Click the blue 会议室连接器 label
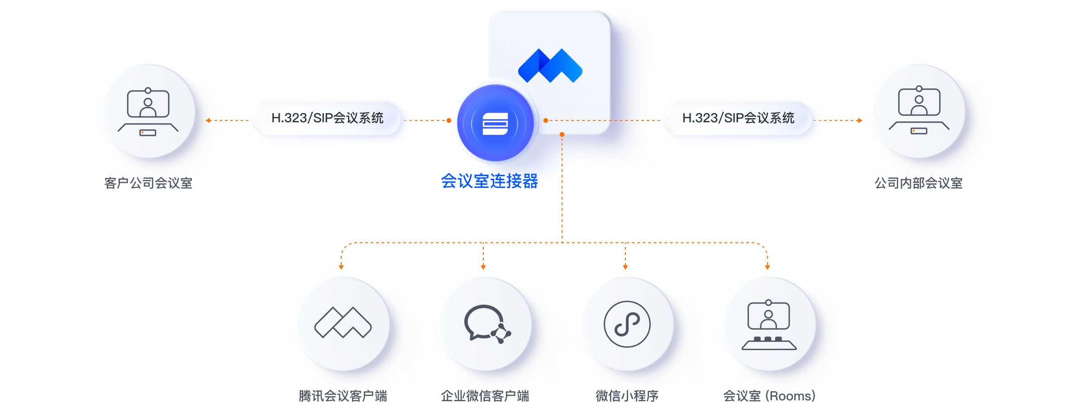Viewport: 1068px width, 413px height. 490,181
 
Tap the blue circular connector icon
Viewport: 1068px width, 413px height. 496,123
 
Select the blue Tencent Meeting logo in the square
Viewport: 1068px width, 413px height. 550,66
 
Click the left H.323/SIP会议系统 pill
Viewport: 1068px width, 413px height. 327,118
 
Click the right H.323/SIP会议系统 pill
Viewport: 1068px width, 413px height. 738,118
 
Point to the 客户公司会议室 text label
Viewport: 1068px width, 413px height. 148,183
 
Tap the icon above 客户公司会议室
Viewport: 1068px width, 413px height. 148,112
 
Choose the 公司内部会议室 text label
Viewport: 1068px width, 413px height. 919,183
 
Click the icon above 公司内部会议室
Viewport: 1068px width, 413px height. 919,110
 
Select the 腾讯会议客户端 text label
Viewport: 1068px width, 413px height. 343,396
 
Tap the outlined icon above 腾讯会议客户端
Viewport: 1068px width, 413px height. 343,322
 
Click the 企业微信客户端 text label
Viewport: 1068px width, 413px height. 485,396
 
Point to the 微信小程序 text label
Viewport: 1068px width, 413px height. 627,396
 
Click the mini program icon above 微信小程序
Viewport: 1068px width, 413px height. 627,324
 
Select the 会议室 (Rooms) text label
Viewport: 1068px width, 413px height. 769,396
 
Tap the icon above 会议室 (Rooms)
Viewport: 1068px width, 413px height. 769,325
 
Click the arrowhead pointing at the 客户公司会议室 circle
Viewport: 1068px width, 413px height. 208,120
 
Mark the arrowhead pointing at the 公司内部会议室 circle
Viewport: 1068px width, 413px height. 860,120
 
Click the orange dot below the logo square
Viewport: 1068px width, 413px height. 562,134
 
